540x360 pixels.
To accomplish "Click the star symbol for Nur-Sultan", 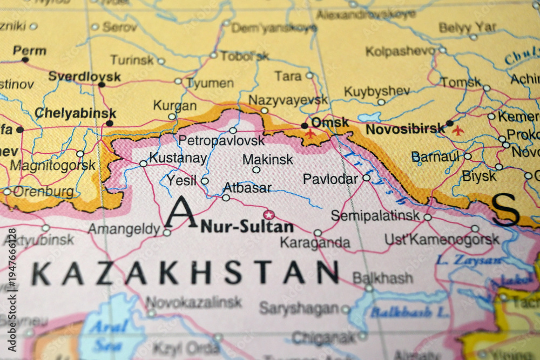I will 268,215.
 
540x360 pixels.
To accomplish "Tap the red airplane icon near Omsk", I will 310,133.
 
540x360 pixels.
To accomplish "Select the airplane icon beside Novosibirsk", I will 458,130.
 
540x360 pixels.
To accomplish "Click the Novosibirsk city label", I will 405,130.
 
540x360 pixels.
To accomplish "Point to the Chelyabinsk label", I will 75,113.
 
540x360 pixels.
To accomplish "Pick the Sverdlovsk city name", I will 84,76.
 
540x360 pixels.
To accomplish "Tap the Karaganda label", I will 314,243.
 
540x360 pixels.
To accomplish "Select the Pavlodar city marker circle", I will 366,178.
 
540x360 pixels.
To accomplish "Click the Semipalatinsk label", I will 375,216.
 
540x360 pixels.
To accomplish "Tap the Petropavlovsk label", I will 221,141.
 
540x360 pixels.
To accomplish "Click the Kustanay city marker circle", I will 143,163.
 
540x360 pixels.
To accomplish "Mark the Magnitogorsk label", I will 52,165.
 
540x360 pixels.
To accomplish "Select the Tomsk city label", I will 460,83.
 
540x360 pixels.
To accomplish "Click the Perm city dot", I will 25,59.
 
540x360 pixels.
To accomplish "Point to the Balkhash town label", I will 382,279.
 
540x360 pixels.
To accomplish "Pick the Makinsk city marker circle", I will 256,169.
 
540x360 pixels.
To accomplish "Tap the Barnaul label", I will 436,157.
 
